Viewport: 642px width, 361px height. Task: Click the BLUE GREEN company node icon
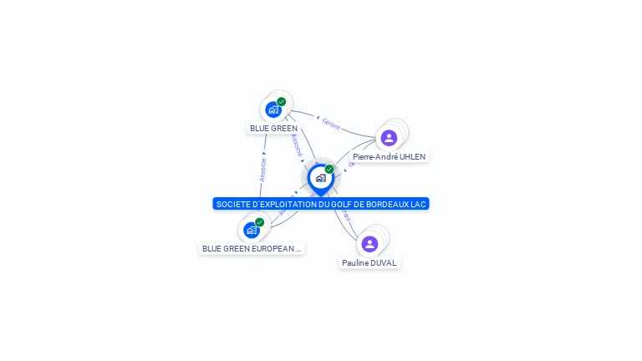tap(273, 109)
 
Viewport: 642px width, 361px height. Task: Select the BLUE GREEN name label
tap(273, 129)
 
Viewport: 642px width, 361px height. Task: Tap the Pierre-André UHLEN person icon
tap(389, 137)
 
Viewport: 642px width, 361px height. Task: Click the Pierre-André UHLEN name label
tap(389, 156)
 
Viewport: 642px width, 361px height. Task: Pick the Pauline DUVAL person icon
tap(369, 244)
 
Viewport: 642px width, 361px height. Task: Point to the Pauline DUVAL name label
tap(369, 262)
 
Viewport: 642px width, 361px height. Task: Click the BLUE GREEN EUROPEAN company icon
tap(251, 230)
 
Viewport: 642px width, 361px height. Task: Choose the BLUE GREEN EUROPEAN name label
tap(252, 248)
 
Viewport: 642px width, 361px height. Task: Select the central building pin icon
tap(320, 178)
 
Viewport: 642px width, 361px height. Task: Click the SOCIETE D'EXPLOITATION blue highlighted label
tap(321, 204)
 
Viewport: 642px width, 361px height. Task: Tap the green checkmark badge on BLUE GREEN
tap(282, 102)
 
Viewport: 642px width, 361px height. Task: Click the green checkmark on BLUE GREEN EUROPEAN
tap(260, 222)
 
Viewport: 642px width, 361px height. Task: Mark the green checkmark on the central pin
tap(329, 170)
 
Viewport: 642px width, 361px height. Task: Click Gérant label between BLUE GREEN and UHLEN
tap(331, 125)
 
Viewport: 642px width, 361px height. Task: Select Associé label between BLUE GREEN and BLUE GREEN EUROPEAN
tap(262, 170)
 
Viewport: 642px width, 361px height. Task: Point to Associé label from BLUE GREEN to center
tap(296, 145)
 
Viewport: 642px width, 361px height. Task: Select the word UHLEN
tap(410, 156)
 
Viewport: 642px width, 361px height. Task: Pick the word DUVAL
tap(383, 262)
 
